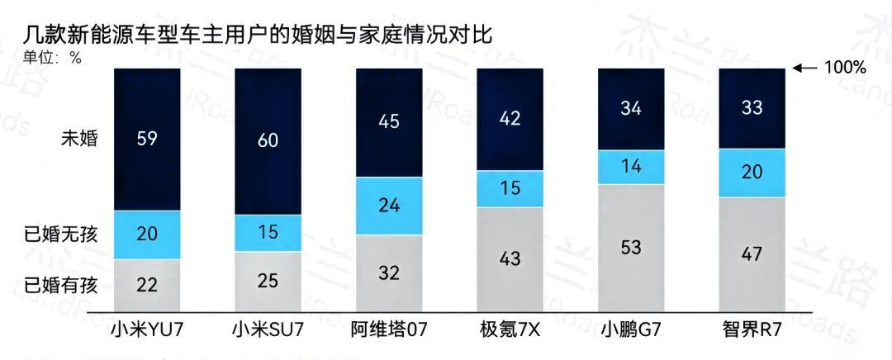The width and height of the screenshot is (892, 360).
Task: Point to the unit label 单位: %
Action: (52, 58)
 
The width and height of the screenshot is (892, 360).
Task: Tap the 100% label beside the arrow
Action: (845, 68)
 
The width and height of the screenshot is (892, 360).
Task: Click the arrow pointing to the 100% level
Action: (805, 68)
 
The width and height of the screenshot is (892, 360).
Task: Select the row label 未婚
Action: (79, 138)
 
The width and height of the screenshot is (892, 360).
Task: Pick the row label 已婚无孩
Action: (62, 234)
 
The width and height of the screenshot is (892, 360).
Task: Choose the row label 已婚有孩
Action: (62, 286)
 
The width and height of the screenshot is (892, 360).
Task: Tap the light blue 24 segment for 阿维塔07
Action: (389, 206)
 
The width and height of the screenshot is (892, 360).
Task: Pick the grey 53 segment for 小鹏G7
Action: (631, 248)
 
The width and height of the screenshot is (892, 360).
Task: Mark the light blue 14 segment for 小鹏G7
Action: (631, 167)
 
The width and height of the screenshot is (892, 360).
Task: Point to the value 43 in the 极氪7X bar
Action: (510, 258)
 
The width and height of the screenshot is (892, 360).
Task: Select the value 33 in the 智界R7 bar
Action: (752, 107)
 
